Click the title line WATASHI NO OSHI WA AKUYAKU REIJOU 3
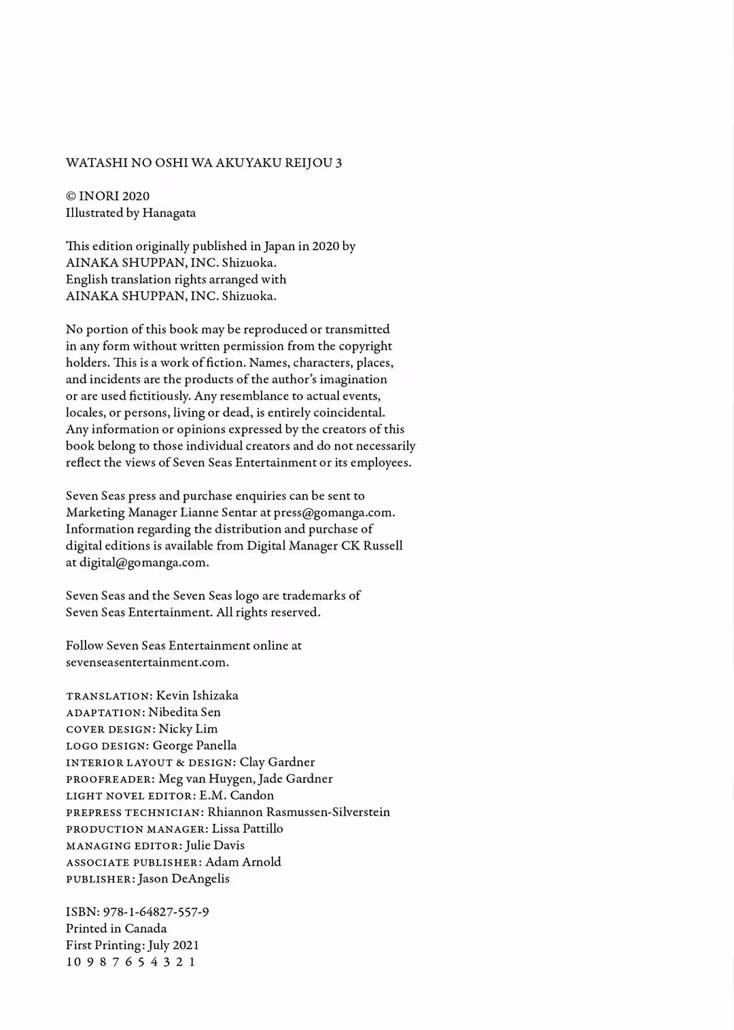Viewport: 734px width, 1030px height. (204, 163)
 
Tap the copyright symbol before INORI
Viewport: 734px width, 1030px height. (71, 197)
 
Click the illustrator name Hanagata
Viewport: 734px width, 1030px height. (169, 213)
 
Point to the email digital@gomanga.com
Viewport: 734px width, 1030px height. (143, 563)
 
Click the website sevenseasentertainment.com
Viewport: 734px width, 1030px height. (147, 662)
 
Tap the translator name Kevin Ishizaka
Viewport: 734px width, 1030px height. (197, 696)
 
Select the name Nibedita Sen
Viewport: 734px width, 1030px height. (184, 712)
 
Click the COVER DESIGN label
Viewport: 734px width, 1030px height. (109, 730)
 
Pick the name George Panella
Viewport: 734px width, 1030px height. (194, 745)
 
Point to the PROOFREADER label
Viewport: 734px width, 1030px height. (110, 779)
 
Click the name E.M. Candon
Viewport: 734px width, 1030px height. (237, 796)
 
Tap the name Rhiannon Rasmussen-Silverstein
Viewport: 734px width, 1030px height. (298, 812)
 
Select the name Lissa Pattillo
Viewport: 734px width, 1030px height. (247, 829)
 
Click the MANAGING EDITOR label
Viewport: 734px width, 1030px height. (123, 846)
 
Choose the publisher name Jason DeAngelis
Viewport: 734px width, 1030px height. (183, 878)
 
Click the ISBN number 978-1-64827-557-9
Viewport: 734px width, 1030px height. (156, 912)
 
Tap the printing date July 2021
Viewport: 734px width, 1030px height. (178, 945)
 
